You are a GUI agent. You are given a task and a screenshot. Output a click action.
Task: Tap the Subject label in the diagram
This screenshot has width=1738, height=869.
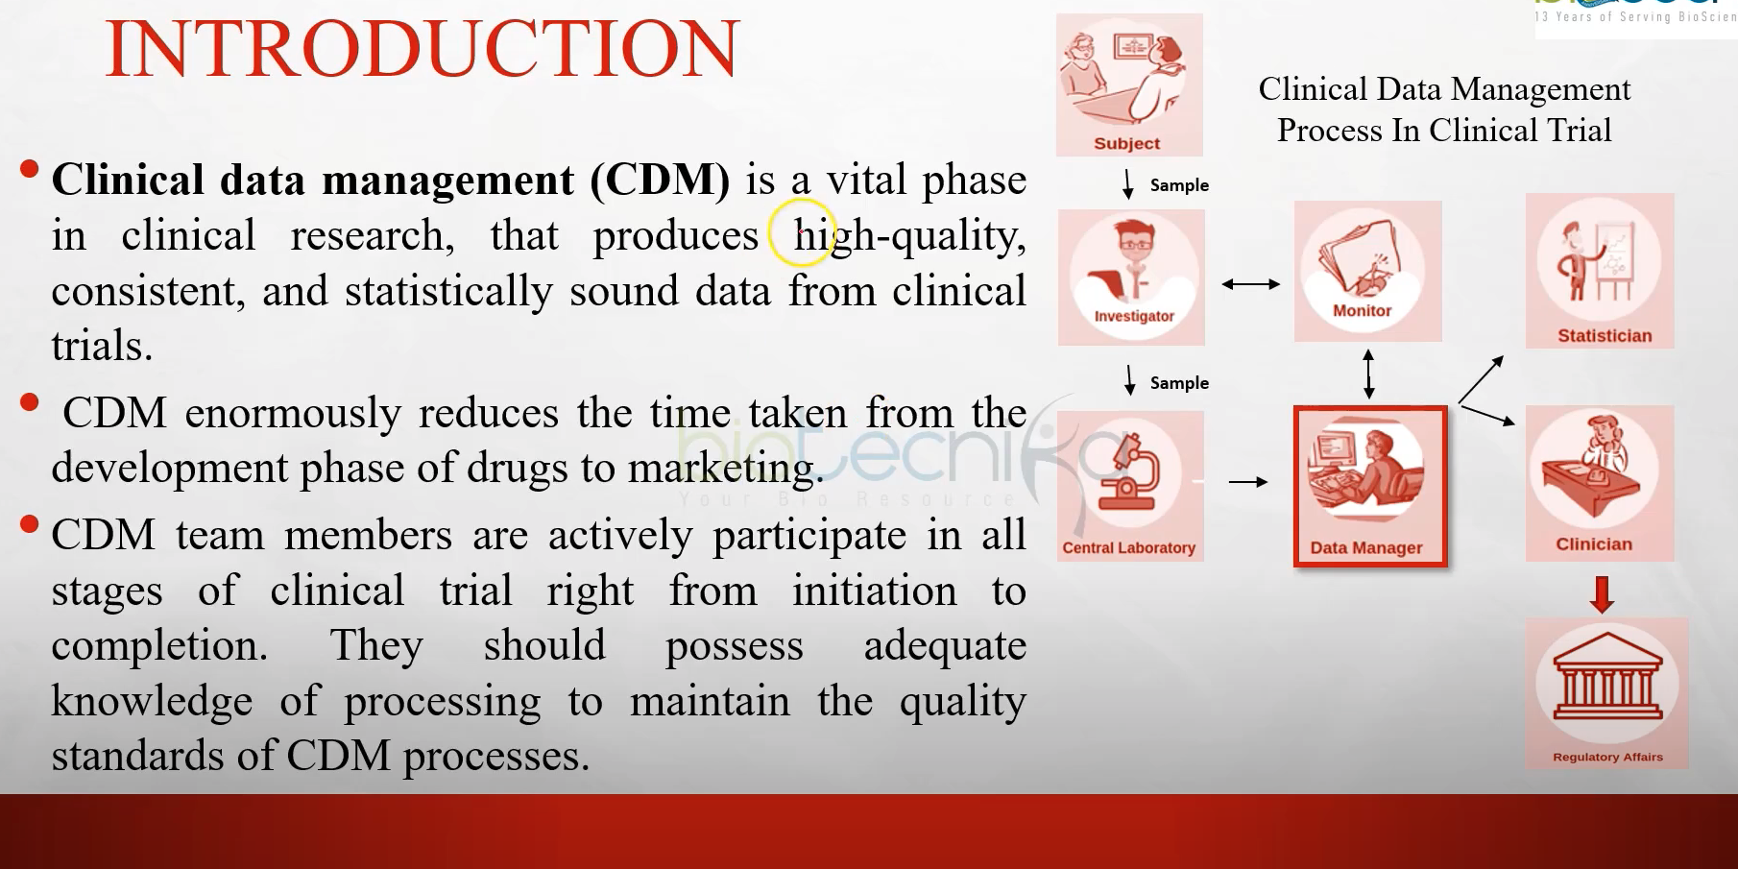pyautogui.click(x=1126, y=143)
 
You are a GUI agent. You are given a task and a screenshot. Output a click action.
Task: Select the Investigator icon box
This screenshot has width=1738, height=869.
pyautogui.click(x=1131, y=277)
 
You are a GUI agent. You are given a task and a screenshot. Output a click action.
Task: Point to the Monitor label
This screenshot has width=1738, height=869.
pyautogui.click(x=1362, y=311)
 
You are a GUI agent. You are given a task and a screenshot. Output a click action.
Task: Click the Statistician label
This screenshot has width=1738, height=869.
pyautogui.click(x=1604, y=336)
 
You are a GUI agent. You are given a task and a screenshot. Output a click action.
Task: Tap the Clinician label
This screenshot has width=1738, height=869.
pyautogui.click(x=1593, y=544)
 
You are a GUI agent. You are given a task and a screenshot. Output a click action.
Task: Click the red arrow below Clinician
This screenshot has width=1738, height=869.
pyautogui.click(x=1601, y=593)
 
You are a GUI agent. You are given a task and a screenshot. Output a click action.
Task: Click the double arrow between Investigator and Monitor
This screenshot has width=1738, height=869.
pyautogui.click(x=1250, y=284)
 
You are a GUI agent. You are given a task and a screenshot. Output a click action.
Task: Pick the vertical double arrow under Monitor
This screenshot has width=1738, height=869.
pyautogui.click(x=1368, y=374)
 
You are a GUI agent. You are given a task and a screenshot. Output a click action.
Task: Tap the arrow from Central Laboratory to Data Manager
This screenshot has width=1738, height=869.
pyautogui.click(x=1247, y=481)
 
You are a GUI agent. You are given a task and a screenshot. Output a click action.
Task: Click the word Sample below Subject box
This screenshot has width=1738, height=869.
pyautogui.click(x=1179, y=185)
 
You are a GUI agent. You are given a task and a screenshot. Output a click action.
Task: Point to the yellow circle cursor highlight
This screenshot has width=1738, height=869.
pyautogui.click(x=801, y=231)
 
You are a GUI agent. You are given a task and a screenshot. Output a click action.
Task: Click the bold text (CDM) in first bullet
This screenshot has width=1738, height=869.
pyautogui.click(x=660, y=181)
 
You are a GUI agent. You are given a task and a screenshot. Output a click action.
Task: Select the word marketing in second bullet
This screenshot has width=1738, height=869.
pyautogui.click(x=724, y=469)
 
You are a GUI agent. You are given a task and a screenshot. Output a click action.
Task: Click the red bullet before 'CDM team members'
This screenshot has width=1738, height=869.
pyautogui.click(x=29, y=524)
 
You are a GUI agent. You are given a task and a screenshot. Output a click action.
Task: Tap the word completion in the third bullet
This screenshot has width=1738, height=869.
pyautogui.click(x=159, y=645)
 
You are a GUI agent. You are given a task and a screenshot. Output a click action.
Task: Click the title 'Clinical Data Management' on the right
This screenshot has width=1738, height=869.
pyautogui.click(x=1443, y=89)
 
